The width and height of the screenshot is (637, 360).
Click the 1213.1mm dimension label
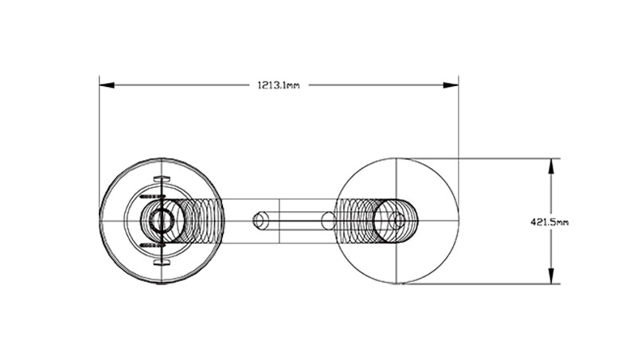(278, 85)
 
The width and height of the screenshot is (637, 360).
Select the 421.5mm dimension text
(549, 222)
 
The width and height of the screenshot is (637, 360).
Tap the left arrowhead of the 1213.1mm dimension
(107, 85)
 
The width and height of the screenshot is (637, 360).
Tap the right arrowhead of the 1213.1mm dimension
(451, 85)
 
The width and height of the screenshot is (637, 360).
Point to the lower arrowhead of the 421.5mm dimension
(551, 276)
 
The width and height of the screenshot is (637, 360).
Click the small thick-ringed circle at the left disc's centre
(162, 221)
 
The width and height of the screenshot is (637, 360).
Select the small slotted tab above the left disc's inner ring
(162, 178)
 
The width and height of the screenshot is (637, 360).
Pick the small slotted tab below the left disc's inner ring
(162, 263)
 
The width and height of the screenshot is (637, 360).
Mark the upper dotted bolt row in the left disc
(152, 197)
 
